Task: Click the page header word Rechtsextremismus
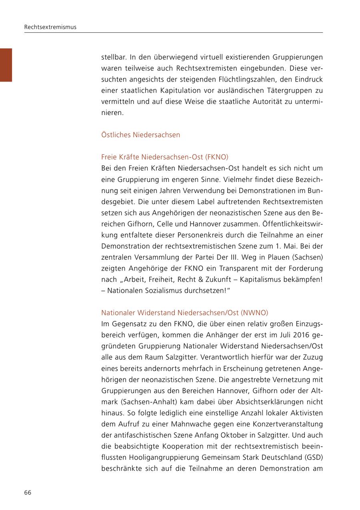click(50, 27)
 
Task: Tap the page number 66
click(28, 492)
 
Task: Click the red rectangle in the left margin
click(6, 65)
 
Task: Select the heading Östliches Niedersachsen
click(140, 135)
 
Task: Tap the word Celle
click(165, 224)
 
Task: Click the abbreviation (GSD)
click(313, 457)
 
